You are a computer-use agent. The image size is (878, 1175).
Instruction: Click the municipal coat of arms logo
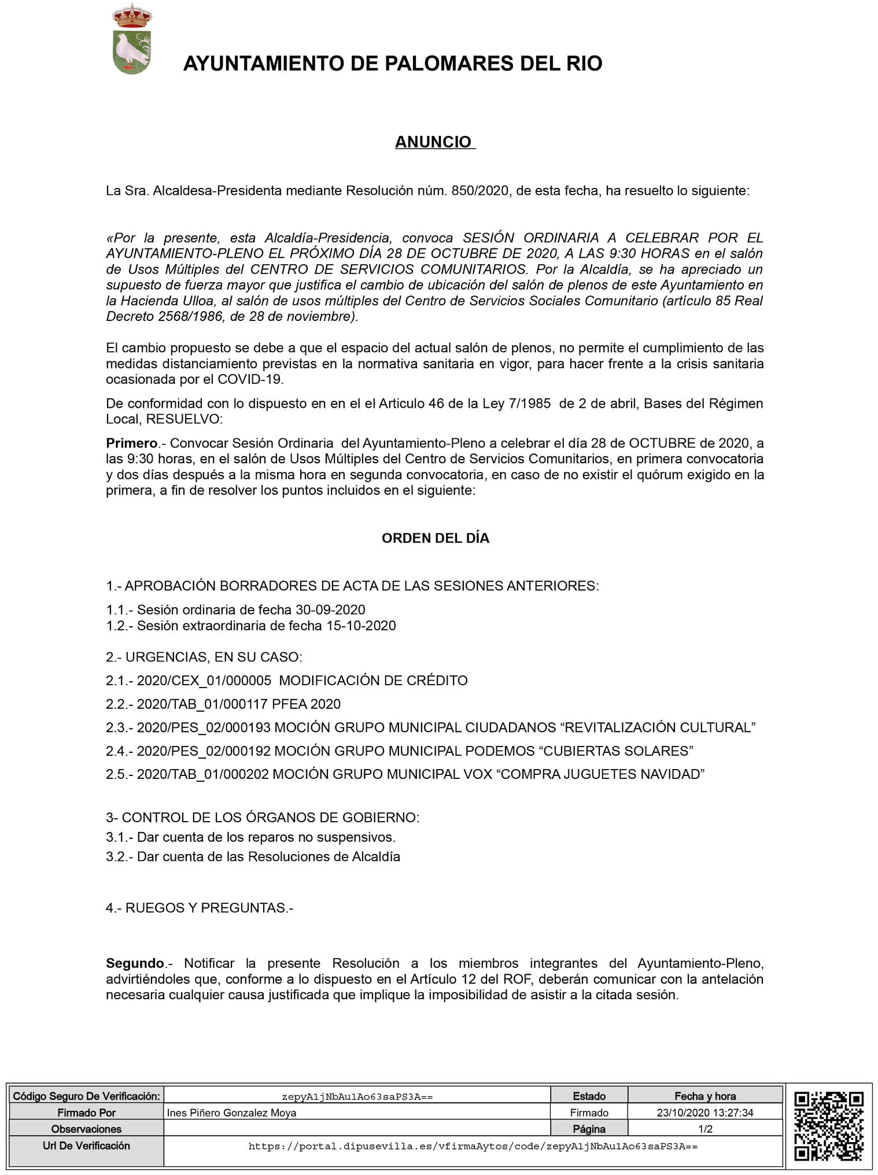[x=132, y=39]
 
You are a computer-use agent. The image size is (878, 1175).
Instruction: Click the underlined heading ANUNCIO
[x=433, y=142]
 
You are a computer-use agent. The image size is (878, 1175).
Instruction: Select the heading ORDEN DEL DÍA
[x=435, y=538]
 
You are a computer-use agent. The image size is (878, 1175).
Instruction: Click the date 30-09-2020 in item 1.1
[x=330, y=609]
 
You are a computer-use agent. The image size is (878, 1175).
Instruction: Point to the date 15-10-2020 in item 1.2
[x=361, y=626]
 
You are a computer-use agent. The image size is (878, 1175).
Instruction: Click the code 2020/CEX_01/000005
[x=204, y=681]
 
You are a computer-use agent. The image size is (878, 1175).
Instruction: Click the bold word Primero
[x=132, y=444]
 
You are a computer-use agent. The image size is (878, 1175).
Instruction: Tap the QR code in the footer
[x=829, y=1126]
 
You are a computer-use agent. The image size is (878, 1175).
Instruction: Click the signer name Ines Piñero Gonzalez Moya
[x=231, y=1113]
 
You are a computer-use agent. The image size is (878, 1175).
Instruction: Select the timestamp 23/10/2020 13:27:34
[x=704, y=1113]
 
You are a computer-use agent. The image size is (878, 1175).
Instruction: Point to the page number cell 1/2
[x=705, y=1129]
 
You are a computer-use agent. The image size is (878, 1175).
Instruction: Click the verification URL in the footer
[x=473, y=1146]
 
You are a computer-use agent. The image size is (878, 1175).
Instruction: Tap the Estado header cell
[x=589, y=1096]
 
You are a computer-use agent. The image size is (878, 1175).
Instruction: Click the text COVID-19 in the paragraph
[x=250, y=380]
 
